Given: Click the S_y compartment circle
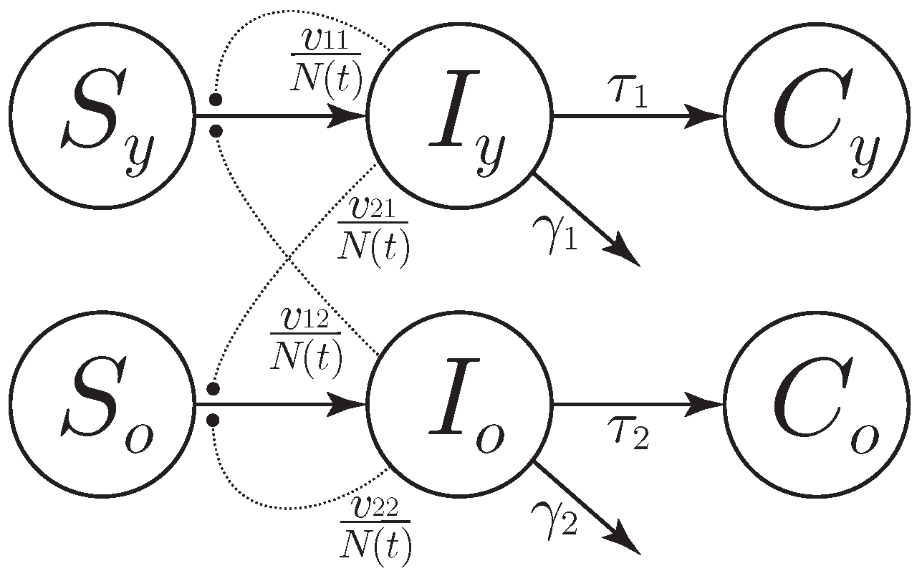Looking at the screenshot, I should point(102,116).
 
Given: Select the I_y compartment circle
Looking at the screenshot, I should point(460,116).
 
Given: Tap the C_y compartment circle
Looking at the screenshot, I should point(817,116).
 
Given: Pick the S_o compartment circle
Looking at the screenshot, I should point(102,405).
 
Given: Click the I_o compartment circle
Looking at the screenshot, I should point(460,405).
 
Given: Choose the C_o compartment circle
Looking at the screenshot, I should point(817,405).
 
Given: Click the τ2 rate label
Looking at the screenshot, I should point(630,436).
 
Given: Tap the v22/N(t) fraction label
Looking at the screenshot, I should point(376,528).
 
